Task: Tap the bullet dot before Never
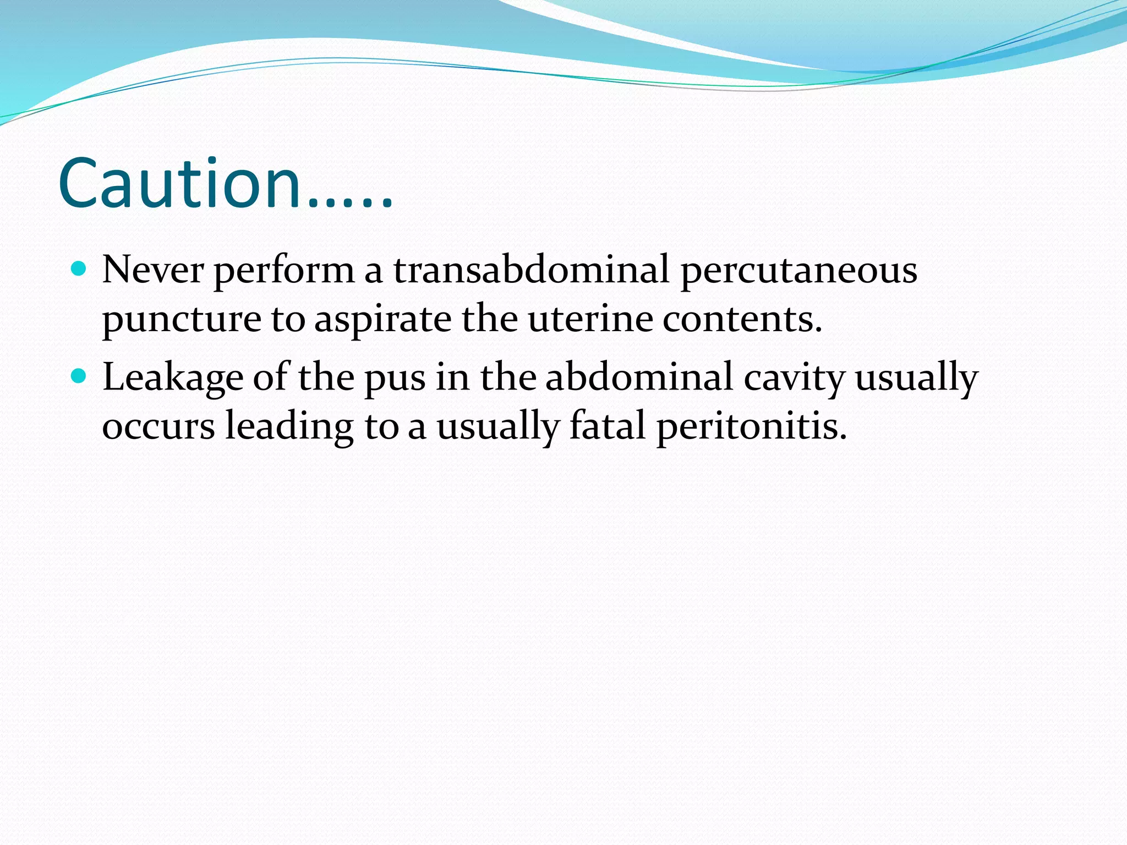pyautogui.click(x=79, y=269)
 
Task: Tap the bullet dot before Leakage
pyautogui.click(x=79, y=376)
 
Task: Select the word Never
pyautogui.click(x=152, y=270)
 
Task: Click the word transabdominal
pyautogui.click(x=530, y=270)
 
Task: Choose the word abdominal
pyautogui.click(x=638, y=377)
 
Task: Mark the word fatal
pyautogui.click(x=606, y=426)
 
